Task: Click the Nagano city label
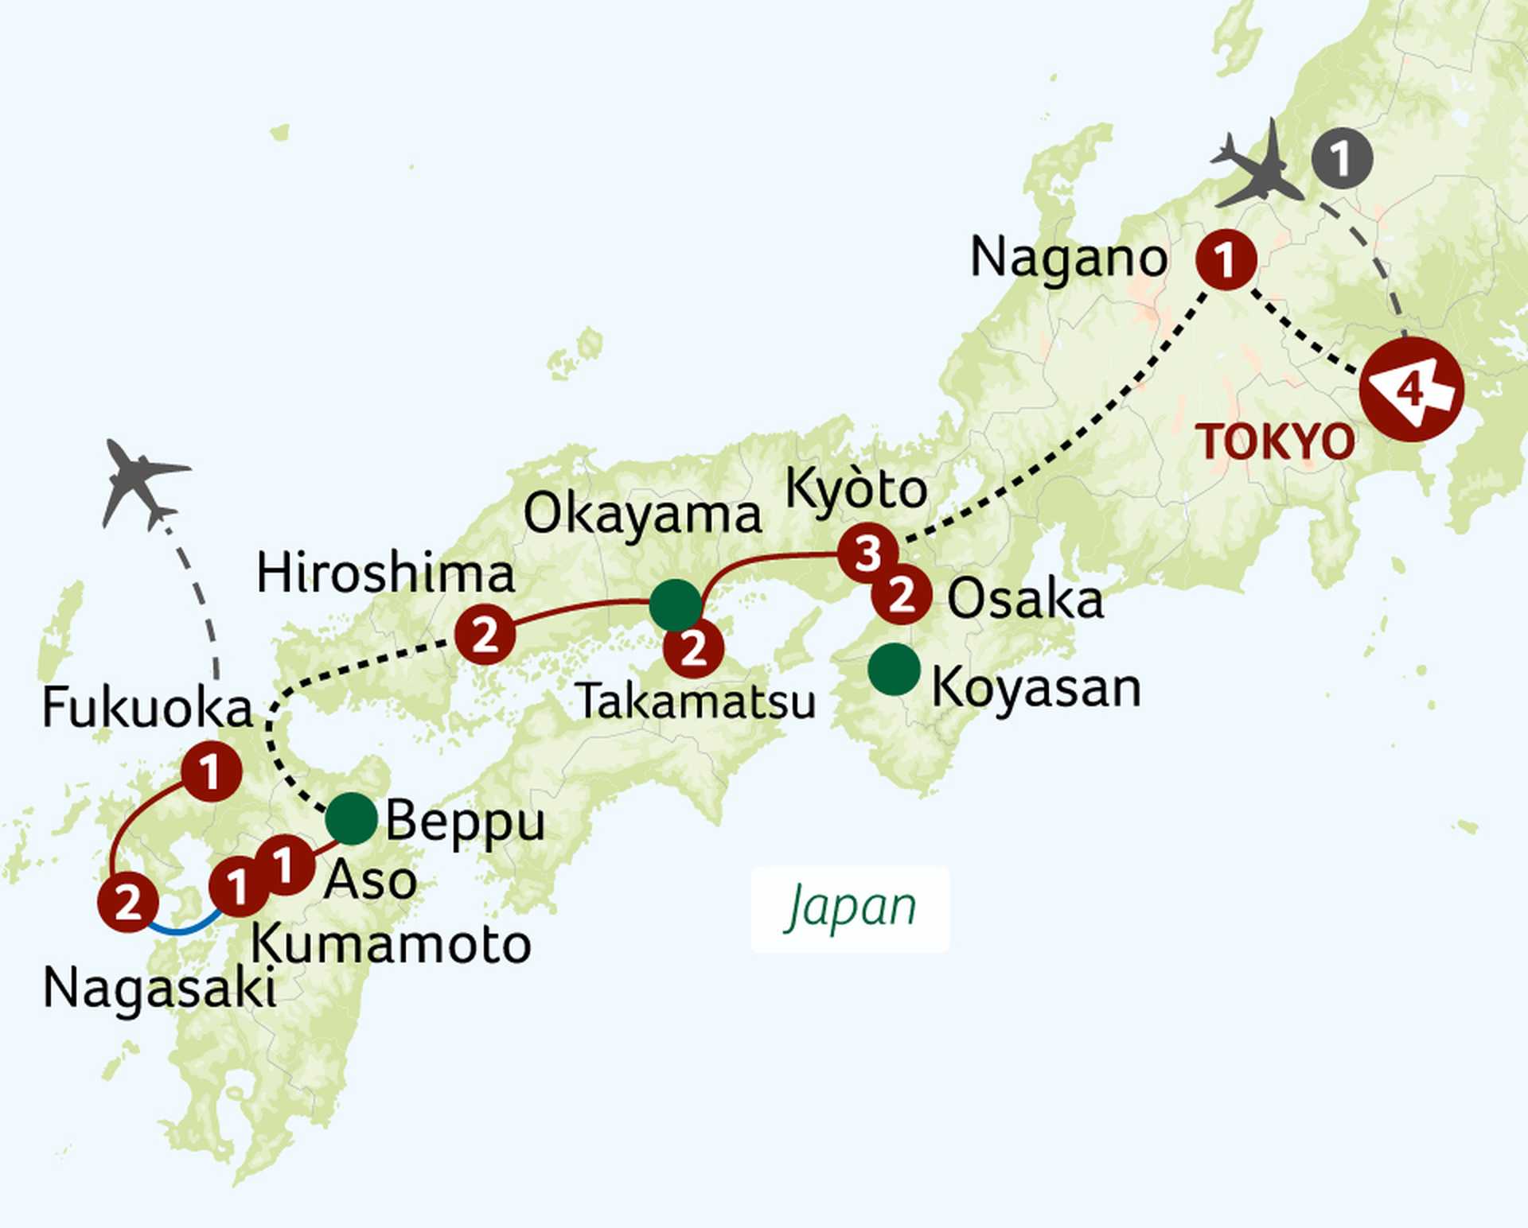coord(1068,260)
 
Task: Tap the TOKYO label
coord(1277,442)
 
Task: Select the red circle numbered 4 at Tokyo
coord(1411,390)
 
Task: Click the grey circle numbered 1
coord(1342,159)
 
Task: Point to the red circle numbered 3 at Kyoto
coord(867,552)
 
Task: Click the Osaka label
coord(1025,600)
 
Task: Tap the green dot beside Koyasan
coord(894,669)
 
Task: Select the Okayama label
coord(641,515)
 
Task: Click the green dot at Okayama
coord(676,605)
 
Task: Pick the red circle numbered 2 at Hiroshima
coord(485,634)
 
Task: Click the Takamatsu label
coord(696,702)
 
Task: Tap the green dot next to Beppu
coord(352,818)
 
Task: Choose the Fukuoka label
coord(147,708)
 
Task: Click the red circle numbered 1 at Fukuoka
coord(211,771)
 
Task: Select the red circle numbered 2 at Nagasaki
coord(127,902)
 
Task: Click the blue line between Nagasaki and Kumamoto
coord(182,927)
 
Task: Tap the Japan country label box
coord(850,909)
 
